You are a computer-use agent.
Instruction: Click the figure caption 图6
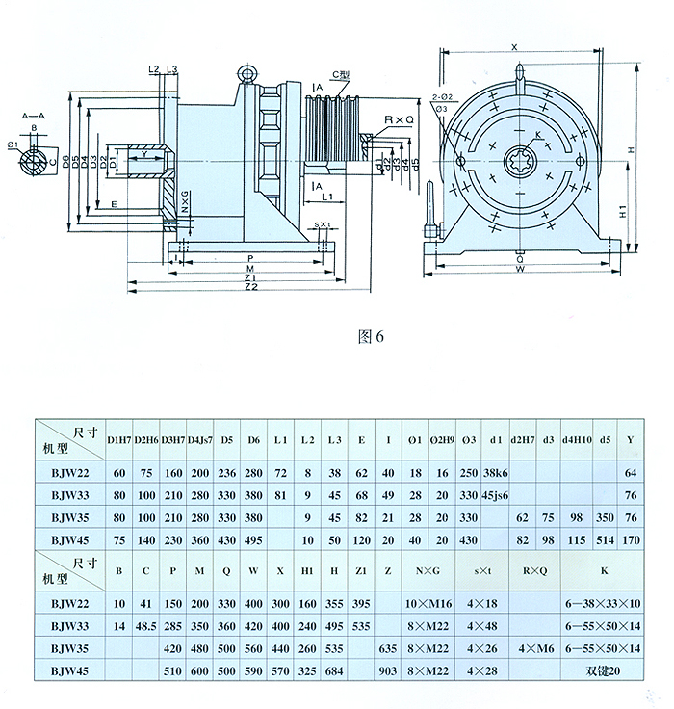pyautogui.click(x=371, y=337)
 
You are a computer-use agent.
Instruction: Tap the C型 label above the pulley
pyautogui.click(x=340, y=74)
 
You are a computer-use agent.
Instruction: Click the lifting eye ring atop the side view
pyautogui.click(x=247, y=73)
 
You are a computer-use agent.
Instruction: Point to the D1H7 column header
pyautogui.click(x=120, y=440)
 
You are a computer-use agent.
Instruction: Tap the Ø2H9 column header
pyautogui.click(x=442, y=440)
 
